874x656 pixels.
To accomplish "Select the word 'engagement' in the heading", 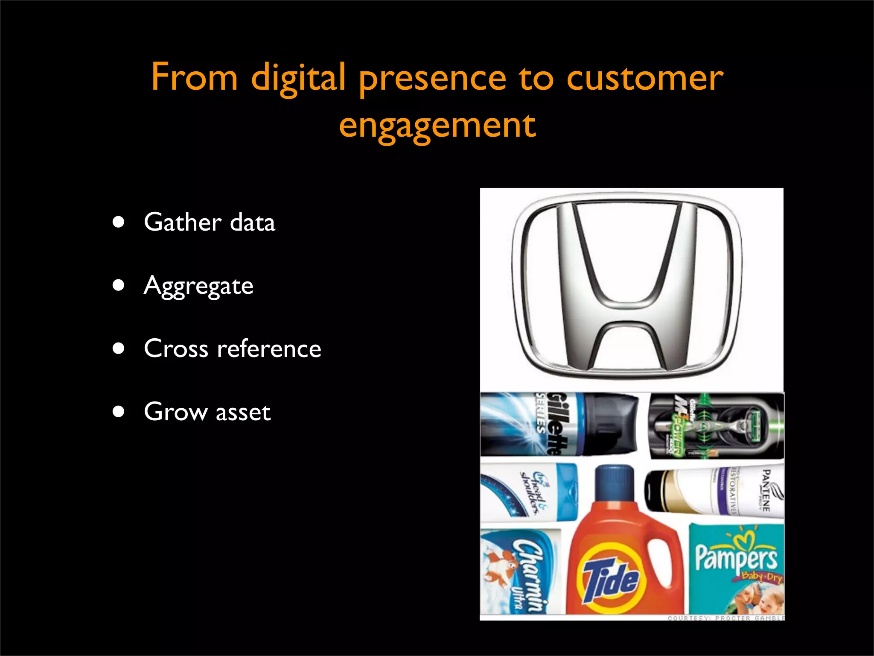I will [437, 126].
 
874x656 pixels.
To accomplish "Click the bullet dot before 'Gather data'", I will [119, 222].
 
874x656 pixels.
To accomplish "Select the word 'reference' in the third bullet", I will [269, 348].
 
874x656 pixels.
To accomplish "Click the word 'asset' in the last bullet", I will [243, 412].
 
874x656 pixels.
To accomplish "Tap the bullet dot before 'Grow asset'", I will [119, 412].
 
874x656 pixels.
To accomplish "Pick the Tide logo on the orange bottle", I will [611, 577].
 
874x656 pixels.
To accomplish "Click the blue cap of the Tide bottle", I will [615, 483].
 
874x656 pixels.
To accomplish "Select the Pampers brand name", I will [736, 557].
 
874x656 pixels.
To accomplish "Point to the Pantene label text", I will [766, 491].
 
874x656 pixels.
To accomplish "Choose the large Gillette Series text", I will [553, 423].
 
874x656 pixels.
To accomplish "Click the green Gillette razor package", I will [717, 425].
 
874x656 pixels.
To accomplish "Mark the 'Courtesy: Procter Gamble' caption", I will [726, 618].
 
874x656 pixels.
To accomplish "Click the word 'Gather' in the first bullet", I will [183, 222].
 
